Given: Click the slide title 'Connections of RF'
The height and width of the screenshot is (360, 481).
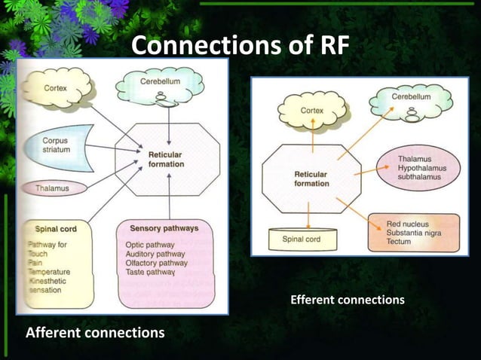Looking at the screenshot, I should [240, 45].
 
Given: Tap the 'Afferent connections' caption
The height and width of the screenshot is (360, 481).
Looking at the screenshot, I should [95, 332].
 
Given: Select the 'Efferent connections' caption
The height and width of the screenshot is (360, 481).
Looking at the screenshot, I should [347, 300].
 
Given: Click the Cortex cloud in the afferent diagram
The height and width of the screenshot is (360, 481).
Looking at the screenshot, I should [54, 89].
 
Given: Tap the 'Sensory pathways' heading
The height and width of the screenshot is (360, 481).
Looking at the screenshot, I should [164, 227].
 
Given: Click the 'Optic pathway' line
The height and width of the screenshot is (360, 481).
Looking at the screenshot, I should [152, 245].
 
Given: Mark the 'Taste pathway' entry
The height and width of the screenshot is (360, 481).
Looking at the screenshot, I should [151, 272].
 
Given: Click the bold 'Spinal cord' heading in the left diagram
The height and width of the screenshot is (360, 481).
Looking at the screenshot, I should [56, 228].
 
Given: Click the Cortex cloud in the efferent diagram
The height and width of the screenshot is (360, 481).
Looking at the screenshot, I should [312, 111].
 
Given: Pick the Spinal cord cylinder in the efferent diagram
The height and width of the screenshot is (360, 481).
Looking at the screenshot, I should [301, 239].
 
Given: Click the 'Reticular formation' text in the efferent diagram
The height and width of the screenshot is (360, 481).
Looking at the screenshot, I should [311, 178].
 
